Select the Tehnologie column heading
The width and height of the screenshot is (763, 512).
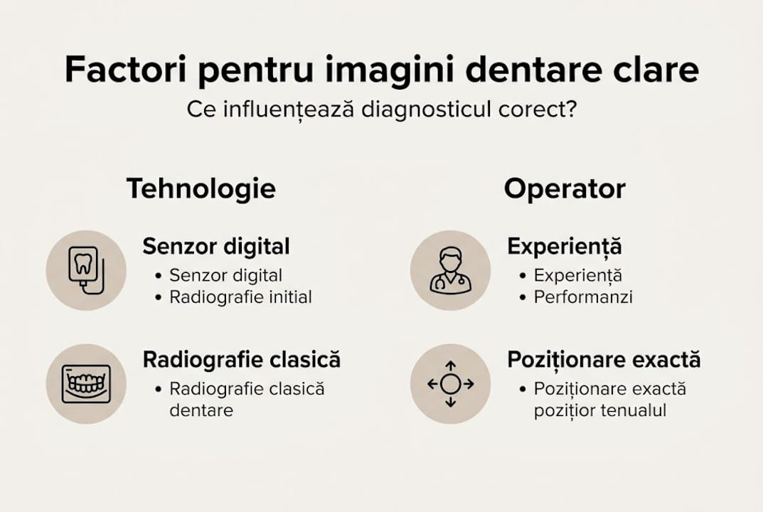coord(201,189)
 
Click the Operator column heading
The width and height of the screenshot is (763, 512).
coord(565,189)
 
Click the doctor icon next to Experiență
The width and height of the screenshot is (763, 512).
coord(450,270)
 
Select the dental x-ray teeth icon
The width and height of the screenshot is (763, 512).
coord(86,384)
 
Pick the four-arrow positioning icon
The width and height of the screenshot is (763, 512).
coord(450,384)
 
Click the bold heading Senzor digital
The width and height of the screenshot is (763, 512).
coord(216,247)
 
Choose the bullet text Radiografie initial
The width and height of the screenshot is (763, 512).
coord(240,297)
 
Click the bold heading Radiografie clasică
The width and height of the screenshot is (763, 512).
coord(242,360)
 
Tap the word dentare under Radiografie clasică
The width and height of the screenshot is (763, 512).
coord(201,410)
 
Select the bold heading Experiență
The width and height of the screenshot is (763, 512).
coord(564,247)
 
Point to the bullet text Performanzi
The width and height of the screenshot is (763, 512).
coord(583,297)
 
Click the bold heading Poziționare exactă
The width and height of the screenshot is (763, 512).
coord(604,360)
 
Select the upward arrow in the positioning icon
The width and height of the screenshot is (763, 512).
coord(450,366)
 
